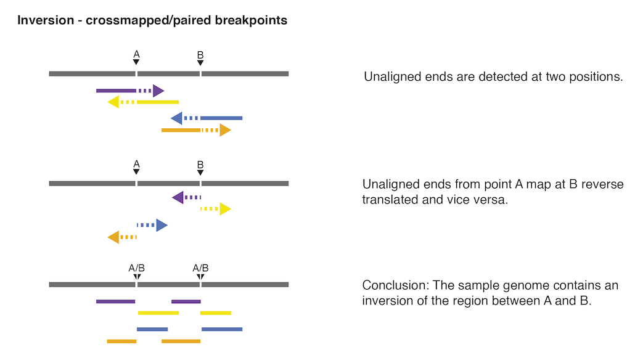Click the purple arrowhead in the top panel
pyautogui.click(x=158, y=91)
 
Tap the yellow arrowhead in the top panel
pyautogui.click(x=113, y=102)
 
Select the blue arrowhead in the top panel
pyautogui.click(x=176, y=118)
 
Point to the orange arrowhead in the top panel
pyautogui.click(x=225, y=130)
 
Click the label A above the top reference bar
pyautogui.click(x=136, y=54)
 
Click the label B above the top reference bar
pyautogui.click(x=200, y=55)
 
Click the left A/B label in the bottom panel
pyautogui.click(x=136, y=268)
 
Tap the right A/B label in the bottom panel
pyautogui.click(x=200, y=268)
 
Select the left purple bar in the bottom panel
pyautogui.click(x=115, y=301)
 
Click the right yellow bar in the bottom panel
pyautogui.click(x=216, y=313)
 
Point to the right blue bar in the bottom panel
pyautogui.click(x=222, y=329)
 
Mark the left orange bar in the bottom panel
pyautogui.click(x=121, y=341)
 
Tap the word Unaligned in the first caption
pyautogui.click(x=392, y=77)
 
